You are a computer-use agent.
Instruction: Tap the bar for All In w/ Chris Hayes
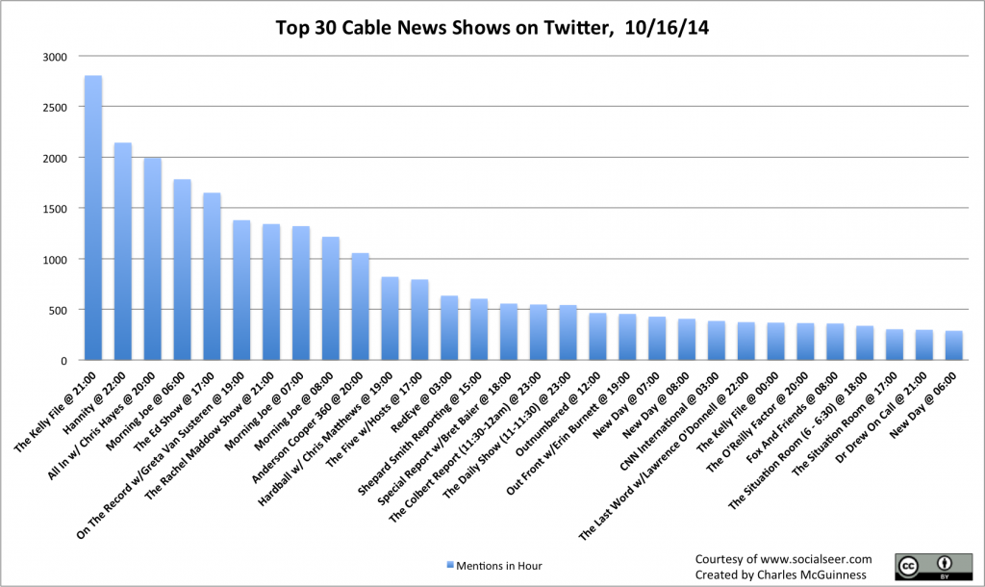[153, 260]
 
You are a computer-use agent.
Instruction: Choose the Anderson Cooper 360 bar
[360, 307]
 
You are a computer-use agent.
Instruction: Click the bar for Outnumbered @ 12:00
[597, 337]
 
